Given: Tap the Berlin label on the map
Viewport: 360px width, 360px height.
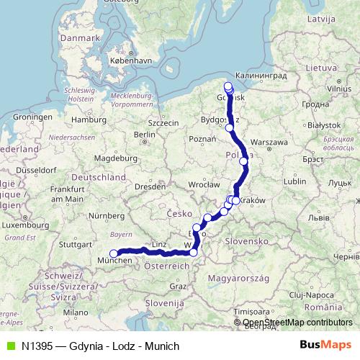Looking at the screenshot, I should click(145, 134).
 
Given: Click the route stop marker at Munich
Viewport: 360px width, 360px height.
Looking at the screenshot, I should click(113, 253).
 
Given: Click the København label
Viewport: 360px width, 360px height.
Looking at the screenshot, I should click(131, 61).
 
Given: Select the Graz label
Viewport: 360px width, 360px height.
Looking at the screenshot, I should click(178, 286).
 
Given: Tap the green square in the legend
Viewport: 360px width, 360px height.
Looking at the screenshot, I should click(9, 346).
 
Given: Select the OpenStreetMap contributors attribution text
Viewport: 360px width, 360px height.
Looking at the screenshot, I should click(297, 323).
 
